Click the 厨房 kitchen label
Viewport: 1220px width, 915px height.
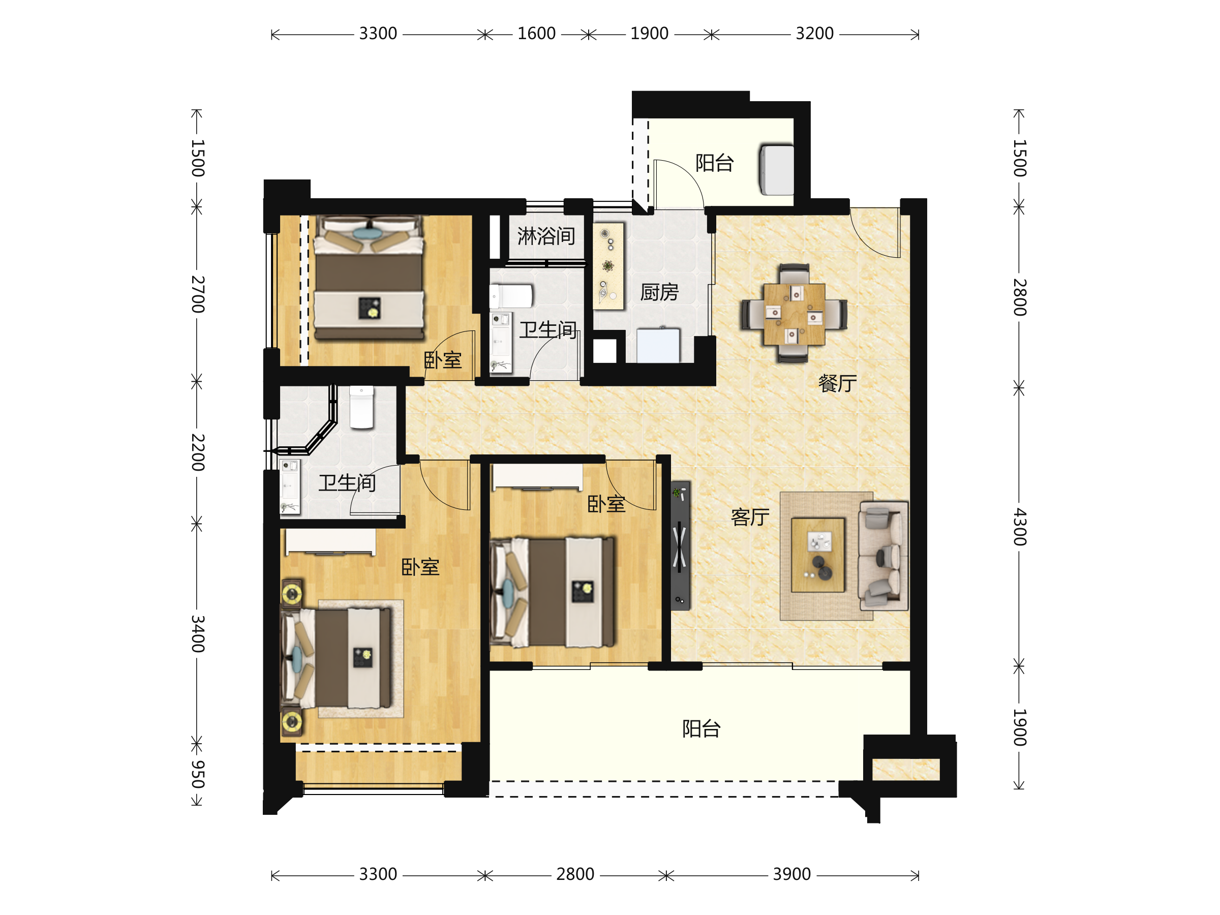[659, 292]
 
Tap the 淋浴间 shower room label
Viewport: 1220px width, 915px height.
[546, 236]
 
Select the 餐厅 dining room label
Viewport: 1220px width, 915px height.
[837, 383]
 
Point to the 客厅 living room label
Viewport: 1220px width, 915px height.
[750, 517]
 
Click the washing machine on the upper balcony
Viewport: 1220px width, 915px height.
[777, 170]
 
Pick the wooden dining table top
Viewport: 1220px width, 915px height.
[794, 314]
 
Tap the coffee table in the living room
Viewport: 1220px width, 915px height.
[818, 555]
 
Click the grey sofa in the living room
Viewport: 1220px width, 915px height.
[883, 556]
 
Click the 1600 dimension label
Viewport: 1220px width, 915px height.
[536, 34]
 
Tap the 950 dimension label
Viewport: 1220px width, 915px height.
[197, 774]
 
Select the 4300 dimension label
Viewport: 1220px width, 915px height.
[1020, 527]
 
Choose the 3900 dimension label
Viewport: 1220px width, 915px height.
[791, 874]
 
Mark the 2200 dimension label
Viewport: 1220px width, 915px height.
[197, 452]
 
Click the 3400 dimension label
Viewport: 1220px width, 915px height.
[197, 634]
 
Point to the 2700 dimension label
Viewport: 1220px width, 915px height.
[197, 294]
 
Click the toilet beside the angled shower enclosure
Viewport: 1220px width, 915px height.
[362, 407]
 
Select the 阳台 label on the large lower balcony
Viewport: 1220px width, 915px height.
[701, 728]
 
